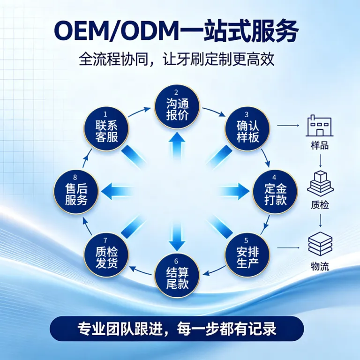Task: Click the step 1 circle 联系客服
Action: [106, 129]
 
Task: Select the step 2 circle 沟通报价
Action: [177, 107]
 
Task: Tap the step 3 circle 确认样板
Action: [247, 129]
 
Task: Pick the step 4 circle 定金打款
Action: [275, 192]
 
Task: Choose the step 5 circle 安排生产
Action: [247, 255]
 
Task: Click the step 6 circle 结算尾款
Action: [177, 276]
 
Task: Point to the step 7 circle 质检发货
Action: [106, 255]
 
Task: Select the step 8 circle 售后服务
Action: [76, 192]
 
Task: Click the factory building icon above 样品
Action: [319, 126]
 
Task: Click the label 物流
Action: [320, 267]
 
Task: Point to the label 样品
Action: [320, 146]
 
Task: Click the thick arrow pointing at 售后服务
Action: [117, 191]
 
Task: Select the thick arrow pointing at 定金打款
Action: [234, 191]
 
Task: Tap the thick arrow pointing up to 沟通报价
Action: [177, 147]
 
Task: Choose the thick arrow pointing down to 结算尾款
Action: [177, 236]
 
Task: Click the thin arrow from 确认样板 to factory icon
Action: [288, 126]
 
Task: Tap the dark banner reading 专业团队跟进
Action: [177, 329]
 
